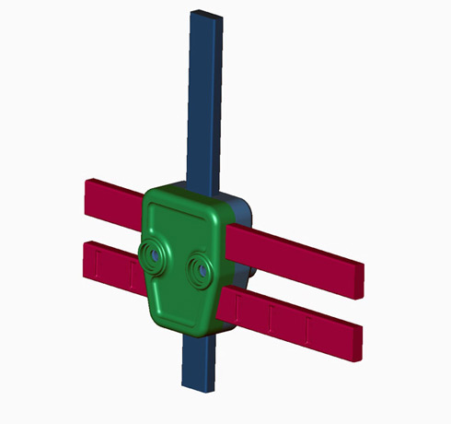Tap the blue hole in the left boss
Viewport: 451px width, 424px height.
coord(154,253)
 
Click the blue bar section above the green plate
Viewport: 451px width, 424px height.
coord(203,101)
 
